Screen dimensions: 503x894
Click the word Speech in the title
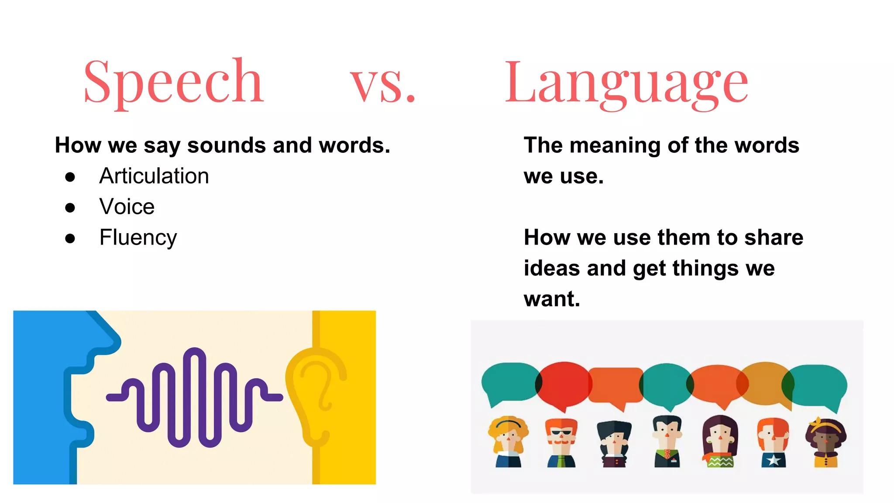(x=173, y=83)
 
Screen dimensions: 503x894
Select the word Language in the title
(x=626, y=84)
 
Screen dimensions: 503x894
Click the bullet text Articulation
(x=154, y=176)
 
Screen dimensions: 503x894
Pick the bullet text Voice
(x=127, y=207)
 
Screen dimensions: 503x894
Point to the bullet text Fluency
(x=138, y=238)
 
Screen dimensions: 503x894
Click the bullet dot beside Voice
(x=70, y=207)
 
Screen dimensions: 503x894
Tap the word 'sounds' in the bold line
(x=226, y=145)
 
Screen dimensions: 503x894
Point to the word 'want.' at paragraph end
(x=552, y=299)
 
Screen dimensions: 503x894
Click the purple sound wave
(x=194, y=397)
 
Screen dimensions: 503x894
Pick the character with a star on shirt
(x=773, y=442)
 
